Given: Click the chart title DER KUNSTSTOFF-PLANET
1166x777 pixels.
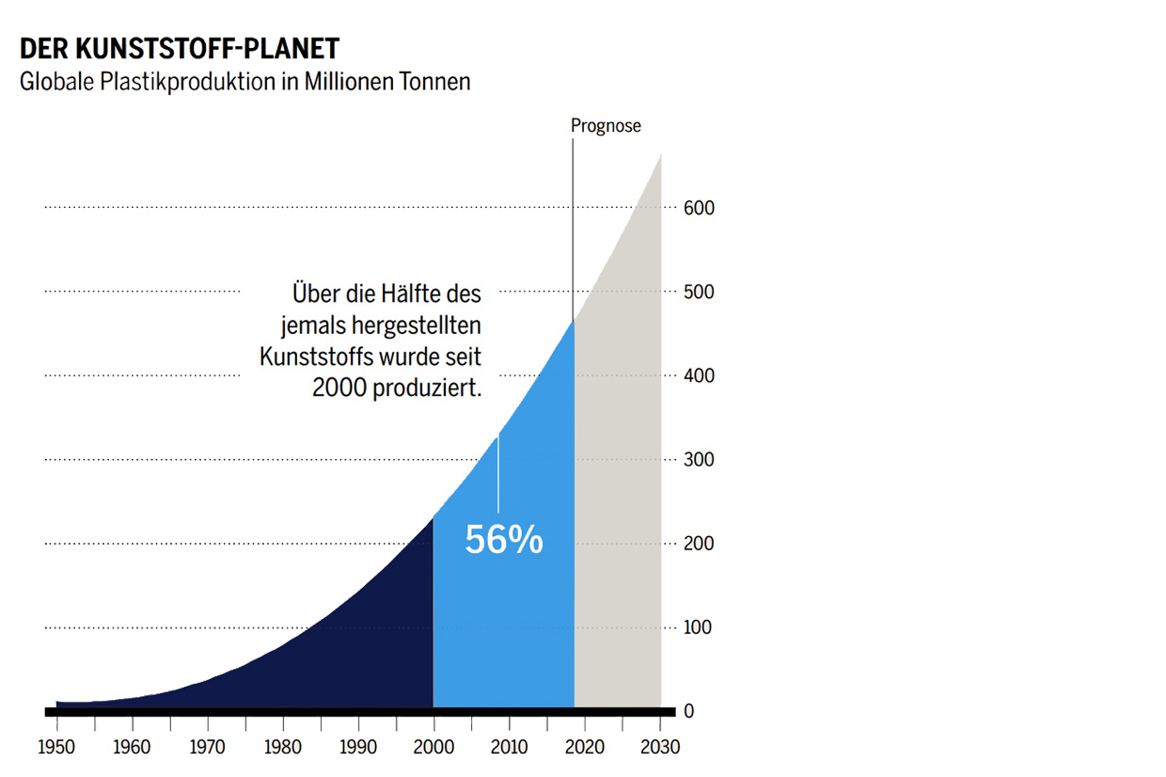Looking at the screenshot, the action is click(180, 49).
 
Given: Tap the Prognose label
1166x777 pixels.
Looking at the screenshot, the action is click(606, 126).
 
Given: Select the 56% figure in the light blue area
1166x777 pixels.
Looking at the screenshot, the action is click(504, 539).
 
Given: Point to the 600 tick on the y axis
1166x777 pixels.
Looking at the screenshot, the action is click(699, 208).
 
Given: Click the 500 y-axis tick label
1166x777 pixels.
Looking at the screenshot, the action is click(699, 292).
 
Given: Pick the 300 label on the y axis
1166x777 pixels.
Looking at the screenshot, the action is click(699, 459).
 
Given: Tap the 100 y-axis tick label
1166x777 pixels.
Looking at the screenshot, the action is click(698, 627).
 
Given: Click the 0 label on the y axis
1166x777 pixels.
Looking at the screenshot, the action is click(688, 711).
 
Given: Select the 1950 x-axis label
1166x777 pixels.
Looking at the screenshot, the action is click(56, 747).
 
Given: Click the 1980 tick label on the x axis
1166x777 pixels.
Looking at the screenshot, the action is click(283, 747).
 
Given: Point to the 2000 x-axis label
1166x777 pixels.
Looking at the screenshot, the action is click(433, 747).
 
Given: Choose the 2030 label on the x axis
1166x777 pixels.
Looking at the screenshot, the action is click(660, 747).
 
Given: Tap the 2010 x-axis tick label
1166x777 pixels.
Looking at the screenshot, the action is click(509, 747).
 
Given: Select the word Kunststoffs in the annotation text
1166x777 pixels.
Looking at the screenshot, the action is click(317, 357).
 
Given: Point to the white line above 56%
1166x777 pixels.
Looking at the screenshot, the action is click(497, 475).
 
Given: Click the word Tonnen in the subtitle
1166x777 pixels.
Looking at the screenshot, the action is click(434, 82).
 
